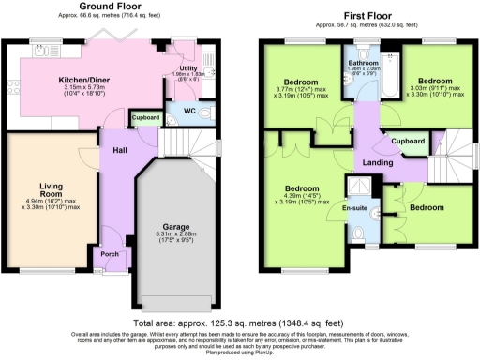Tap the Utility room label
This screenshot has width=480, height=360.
[x=187, y=67]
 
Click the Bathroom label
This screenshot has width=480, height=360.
[x=364, y=63]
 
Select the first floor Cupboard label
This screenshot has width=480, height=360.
[x=408, y=142]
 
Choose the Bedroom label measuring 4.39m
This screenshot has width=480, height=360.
[x=302, y=187]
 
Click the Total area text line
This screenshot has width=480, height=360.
[x=240, y=322]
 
